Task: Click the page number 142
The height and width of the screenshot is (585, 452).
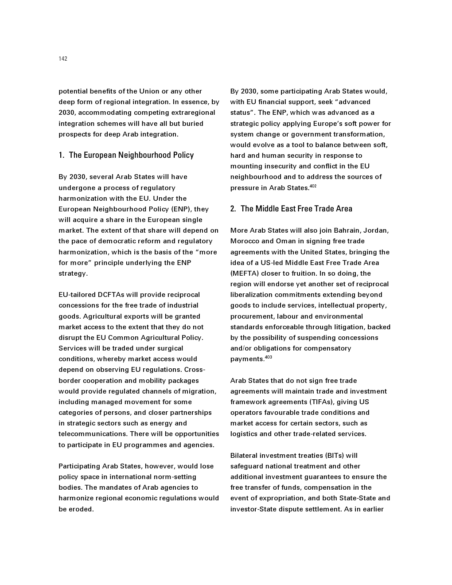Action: click(x=63, y=59)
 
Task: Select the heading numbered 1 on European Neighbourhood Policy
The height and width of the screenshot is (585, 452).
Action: click(x=126, y=155)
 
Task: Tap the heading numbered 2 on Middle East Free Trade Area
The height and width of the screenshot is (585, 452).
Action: click(x=291, y=209)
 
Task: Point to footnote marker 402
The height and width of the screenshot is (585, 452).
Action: click(x=313, y=186)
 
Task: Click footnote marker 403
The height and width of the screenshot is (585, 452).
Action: click(x=268, y=357)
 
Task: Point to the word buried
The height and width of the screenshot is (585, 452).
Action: click(x=193, y=124)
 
